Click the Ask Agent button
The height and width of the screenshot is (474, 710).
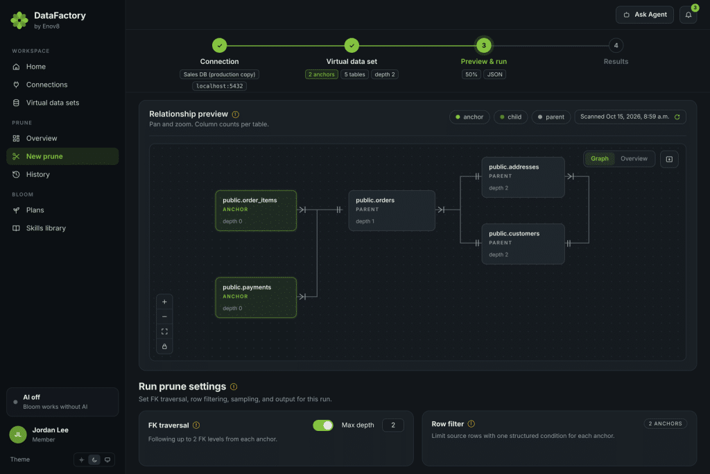[644, 15]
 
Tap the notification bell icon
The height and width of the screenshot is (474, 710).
[688, 15]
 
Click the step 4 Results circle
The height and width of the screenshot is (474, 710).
[616, 45]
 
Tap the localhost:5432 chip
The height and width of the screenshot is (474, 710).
[220, 86]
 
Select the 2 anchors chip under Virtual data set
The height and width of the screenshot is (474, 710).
[322, 74]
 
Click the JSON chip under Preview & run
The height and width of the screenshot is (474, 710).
[494, 74]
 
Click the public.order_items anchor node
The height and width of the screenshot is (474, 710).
[256, 211]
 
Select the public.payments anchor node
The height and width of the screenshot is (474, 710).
[256, 298]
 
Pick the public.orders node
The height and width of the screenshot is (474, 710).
[392, 211]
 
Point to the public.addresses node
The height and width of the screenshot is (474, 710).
[523, 177]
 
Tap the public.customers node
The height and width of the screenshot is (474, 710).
[523, 244]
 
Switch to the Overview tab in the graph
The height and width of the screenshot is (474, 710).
[634, 159]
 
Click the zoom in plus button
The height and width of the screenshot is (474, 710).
[164, 302]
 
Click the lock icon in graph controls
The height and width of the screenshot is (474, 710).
[164, 347]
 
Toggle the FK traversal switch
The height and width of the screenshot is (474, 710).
[323, 425]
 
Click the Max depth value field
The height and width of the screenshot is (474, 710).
[393, 425]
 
